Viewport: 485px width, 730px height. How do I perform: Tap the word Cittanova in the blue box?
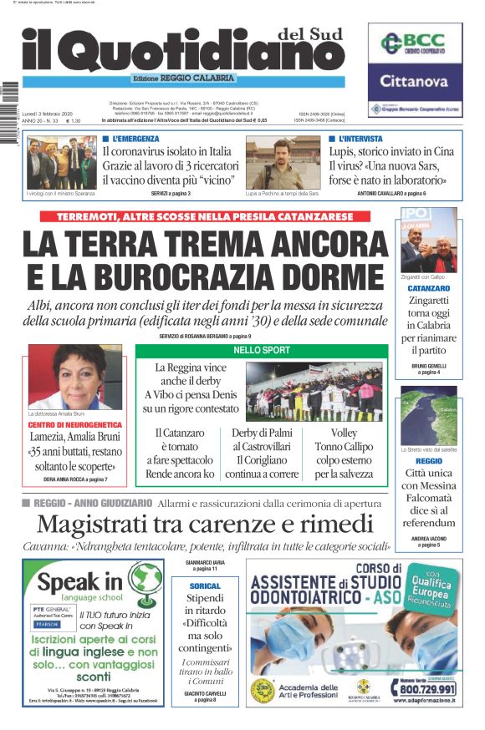click(x=415, y=82)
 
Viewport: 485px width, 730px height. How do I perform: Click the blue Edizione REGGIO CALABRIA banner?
click(x=237, y=80)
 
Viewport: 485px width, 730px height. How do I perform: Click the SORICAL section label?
click(x=205, y=586)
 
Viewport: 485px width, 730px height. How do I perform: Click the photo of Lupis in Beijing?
click(x=282, y=165)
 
